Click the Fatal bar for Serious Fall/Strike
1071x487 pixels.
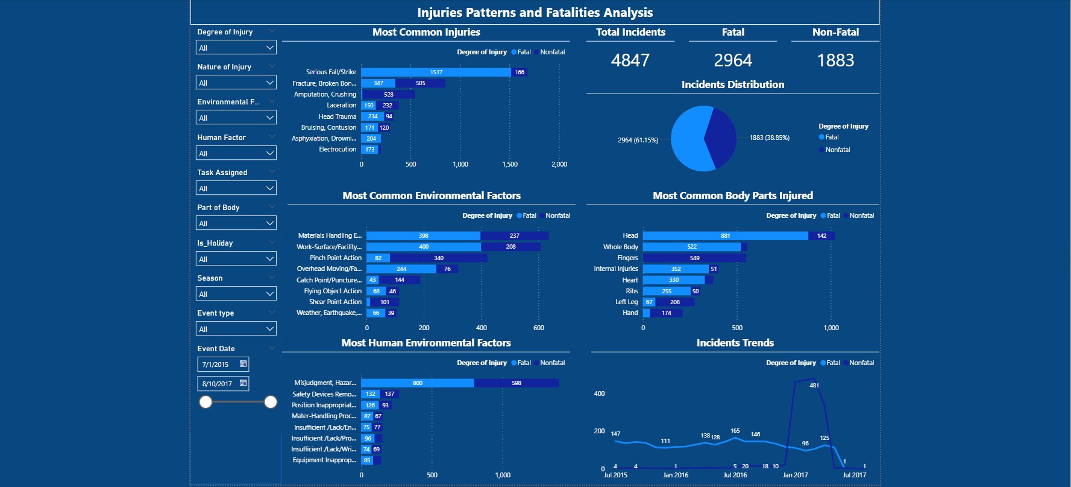coord(436,72)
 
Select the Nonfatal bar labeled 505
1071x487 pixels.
coord(420,83)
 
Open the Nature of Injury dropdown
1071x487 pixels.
coord(236,83)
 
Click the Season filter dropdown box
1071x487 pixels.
coord(236,294)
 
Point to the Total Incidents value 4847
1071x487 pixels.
coord(630,60)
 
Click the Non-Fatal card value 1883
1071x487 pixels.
coord(835,60)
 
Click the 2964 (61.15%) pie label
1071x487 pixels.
coord(638,140)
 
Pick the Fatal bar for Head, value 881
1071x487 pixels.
coord(725,236)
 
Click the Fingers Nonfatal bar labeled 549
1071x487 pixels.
coord(694,258)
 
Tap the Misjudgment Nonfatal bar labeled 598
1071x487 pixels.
coord(516,383)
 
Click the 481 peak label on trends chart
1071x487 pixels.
coord(814,386)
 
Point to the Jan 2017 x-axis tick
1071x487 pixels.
coord(795,475)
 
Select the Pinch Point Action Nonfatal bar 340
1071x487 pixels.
coord(438,258)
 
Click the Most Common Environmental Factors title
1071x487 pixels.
coord(432,196)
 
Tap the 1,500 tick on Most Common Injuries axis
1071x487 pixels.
coord(510,164)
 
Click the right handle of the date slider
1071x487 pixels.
coord(271,402)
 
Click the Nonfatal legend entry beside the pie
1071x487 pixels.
coord(837,150)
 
